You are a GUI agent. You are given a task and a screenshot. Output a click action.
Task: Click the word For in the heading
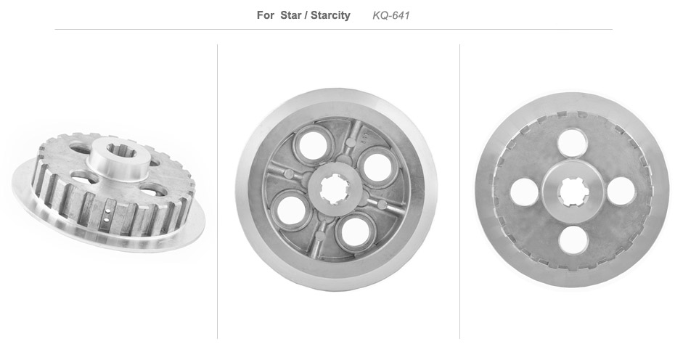pyautogui.click(x=265, y=15)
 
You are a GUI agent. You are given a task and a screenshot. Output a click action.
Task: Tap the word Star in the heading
pyautogui.click(x=291, y=15)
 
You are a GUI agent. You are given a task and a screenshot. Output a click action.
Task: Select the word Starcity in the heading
pyautogui.click(x=330, y=15)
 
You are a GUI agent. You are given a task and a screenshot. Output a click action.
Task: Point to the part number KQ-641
pyautogui.click(x=391, y=15)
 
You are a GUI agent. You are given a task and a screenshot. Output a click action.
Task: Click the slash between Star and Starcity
pyautogui.click(x=306, y=15)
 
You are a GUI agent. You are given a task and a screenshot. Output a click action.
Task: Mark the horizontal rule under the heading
pyautogui.click(x=333, y=30)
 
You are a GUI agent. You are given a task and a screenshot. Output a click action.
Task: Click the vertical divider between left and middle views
pyautogui.click(x=217, y=192)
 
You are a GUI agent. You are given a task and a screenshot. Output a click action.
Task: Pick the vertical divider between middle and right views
pyautogui.click(x=459, y=192)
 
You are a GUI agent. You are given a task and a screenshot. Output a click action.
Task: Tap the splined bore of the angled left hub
pyautogui.click(x=121, y=151)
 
